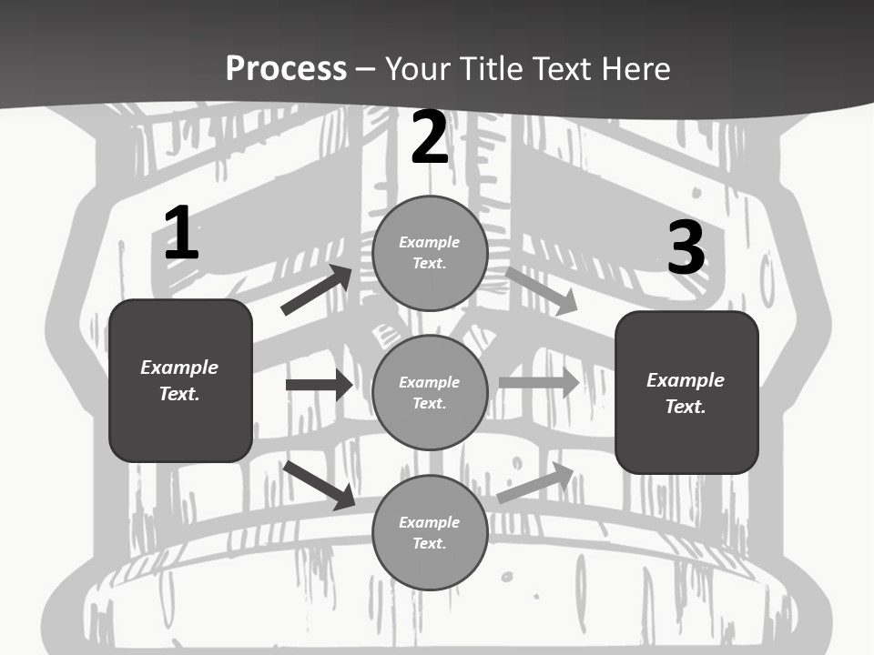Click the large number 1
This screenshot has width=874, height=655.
[x=181, y=234]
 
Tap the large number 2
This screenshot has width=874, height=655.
[x=430, y=138]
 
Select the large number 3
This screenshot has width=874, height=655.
[x=686, y=248]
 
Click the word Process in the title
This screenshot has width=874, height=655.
[x=286, y=68]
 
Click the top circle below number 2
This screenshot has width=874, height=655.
[x=430, y=253]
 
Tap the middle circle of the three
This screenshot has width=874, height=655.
[x=430, y=392]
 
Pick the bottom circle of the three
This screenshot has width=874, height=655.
[x=430, y=532]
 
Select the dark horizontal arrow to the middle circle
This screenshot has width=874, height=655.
[x=319, y=385]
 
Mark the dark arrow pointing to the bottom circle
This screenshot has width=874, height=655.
[x=320, y=485]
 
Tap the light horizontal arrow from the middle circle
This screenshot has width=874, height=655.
[x=539, y=383]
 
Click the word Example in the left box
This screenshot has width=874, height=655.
[x=179, y=368]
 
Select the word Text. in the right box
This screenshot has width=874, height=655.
[x=686, y=407]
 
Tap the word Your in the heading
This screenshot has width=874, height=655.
[x=416, y=68]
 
